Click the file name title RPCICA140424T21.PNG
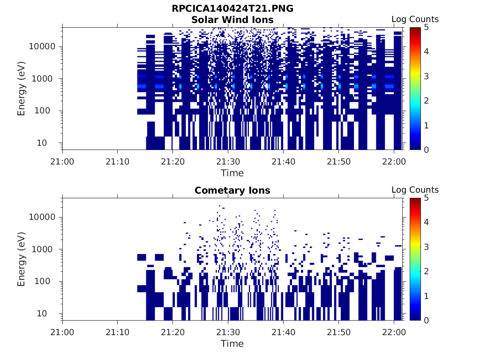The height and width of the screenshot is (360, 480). [232, 9]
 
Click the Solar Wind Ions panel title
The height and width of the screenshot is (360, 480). [232, 20]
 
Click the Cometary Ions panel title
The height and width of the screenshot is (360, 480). [232, 190]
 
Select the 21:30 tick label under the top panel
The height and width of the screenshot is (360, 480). [228, 161]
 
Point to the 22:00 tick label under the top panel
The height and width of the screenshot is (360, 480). [394, 161]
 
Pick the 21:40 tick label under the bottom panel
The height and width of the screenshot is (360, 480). [283, 332]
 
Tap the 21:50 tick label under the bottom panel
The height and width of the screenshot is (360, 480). [338, 332]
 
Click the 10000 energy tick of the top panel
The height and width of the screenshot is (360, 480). [43, 46]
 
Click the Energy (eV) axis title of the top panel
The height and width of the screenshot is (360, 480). [22, 89]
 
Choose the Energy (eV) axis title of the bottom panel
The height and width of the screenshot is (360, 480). [22, 259]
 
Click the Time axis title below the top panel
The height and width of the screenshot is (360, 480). [232, 173]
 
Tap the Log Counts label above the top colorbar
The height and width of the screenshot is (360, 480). [415, 19]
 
